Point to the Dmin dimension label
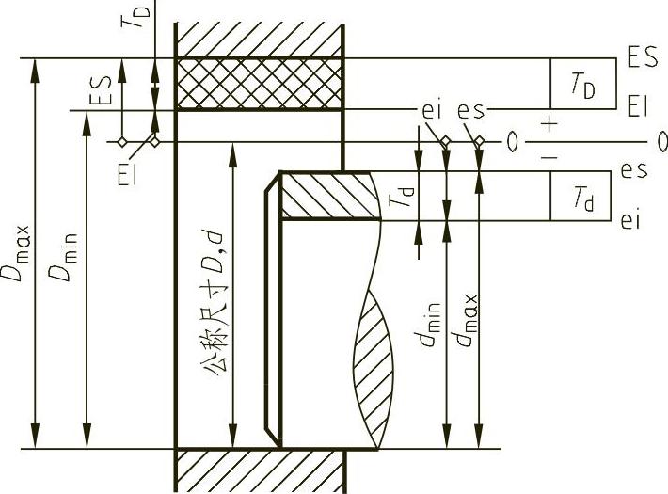63,257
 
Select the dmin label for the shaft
428,325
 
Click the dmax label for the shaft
465,320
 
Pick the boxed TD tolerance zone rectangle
583,84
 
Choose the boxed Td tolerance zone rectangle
581,196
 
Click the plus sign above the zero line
549,125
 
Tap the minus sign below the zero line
549,158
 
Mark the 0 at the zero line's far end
660,142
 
